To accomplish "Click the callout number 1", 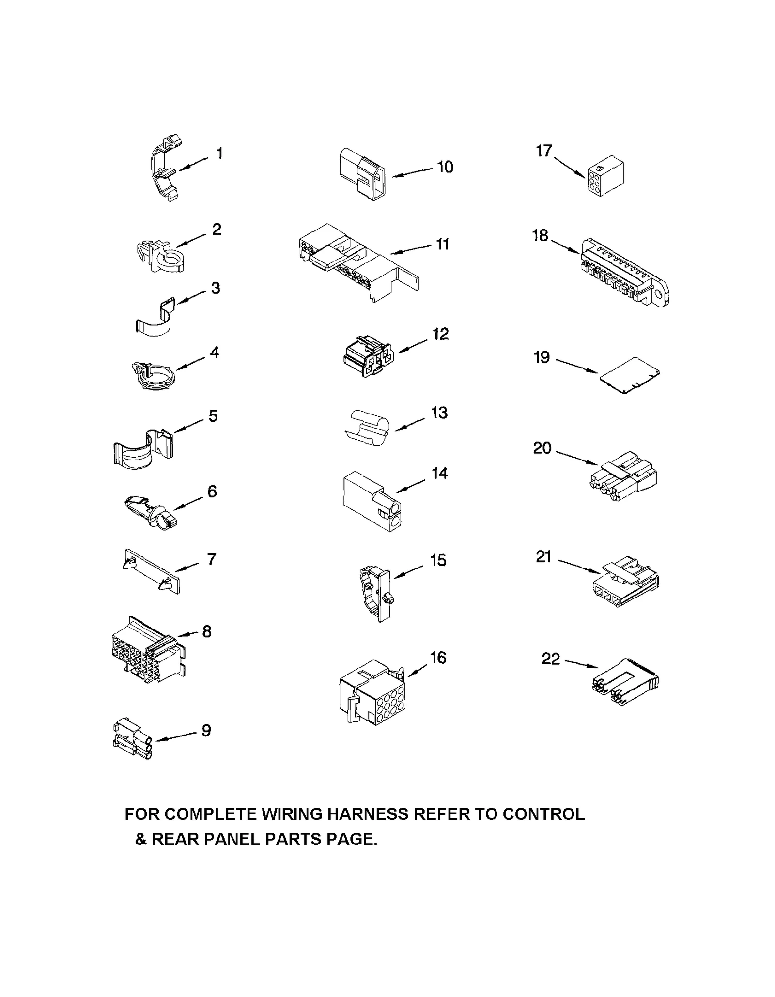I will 220,153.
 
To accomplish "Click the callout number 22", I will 551,659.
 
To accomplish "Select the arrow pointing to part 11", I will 411,249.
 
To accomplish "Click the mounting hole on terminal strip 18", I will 658,294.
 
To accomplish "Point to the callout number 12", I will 440,334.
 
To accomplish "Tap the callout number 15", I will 438,560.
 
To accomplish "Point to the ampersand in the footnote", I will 140,839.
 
